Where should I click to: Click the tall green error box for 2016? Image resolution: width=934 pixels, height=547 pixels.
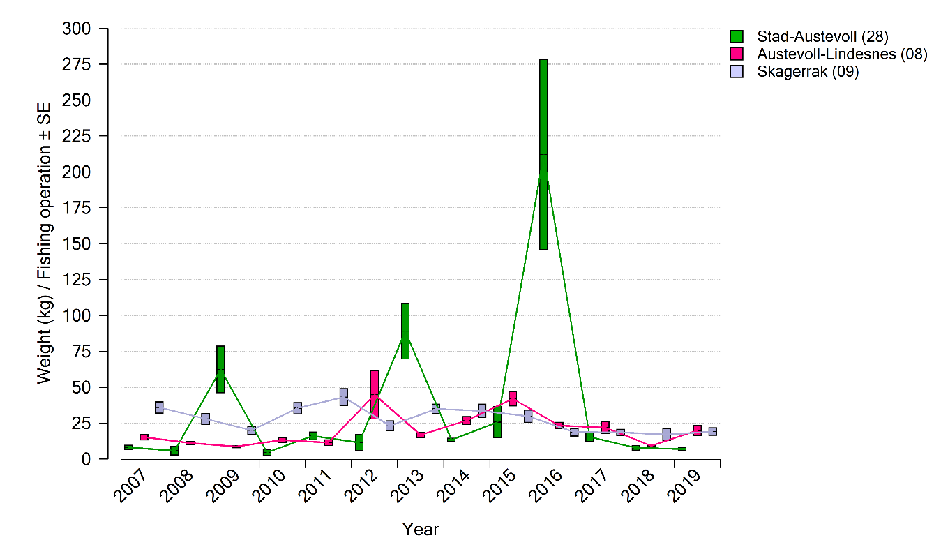click(543, 154)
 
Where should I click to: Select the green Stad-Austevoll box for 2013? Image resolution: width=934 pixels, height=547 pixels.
click(405, 331)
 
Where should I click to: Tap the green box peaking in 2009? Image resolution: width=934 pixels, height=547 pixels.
click(220, 369)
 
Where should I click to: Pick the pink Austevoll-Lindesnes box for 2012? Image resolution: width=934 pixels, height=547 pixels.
click(375, 394)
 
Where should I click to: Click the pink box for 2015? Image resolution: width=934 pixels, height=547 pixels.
click(513, 398)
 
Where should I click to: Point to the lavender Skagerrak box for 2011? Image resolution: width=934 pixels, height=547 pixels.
click(344, 397)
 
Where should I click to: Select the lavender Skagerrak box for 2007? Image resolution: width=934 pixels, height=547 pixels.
click(159, 407)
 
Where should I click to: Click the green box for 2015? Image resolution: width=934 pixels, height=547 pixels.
click(497, 422)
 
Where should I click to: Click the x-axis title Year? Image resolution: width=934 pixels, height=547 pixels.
click(421, 530)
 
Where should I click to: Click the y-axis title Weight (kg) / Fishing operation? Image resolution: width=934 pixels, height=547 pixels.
click(45, 243)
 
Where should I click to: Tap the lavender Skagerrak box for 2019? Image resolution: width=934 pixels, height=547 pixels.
click(713, 432)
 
